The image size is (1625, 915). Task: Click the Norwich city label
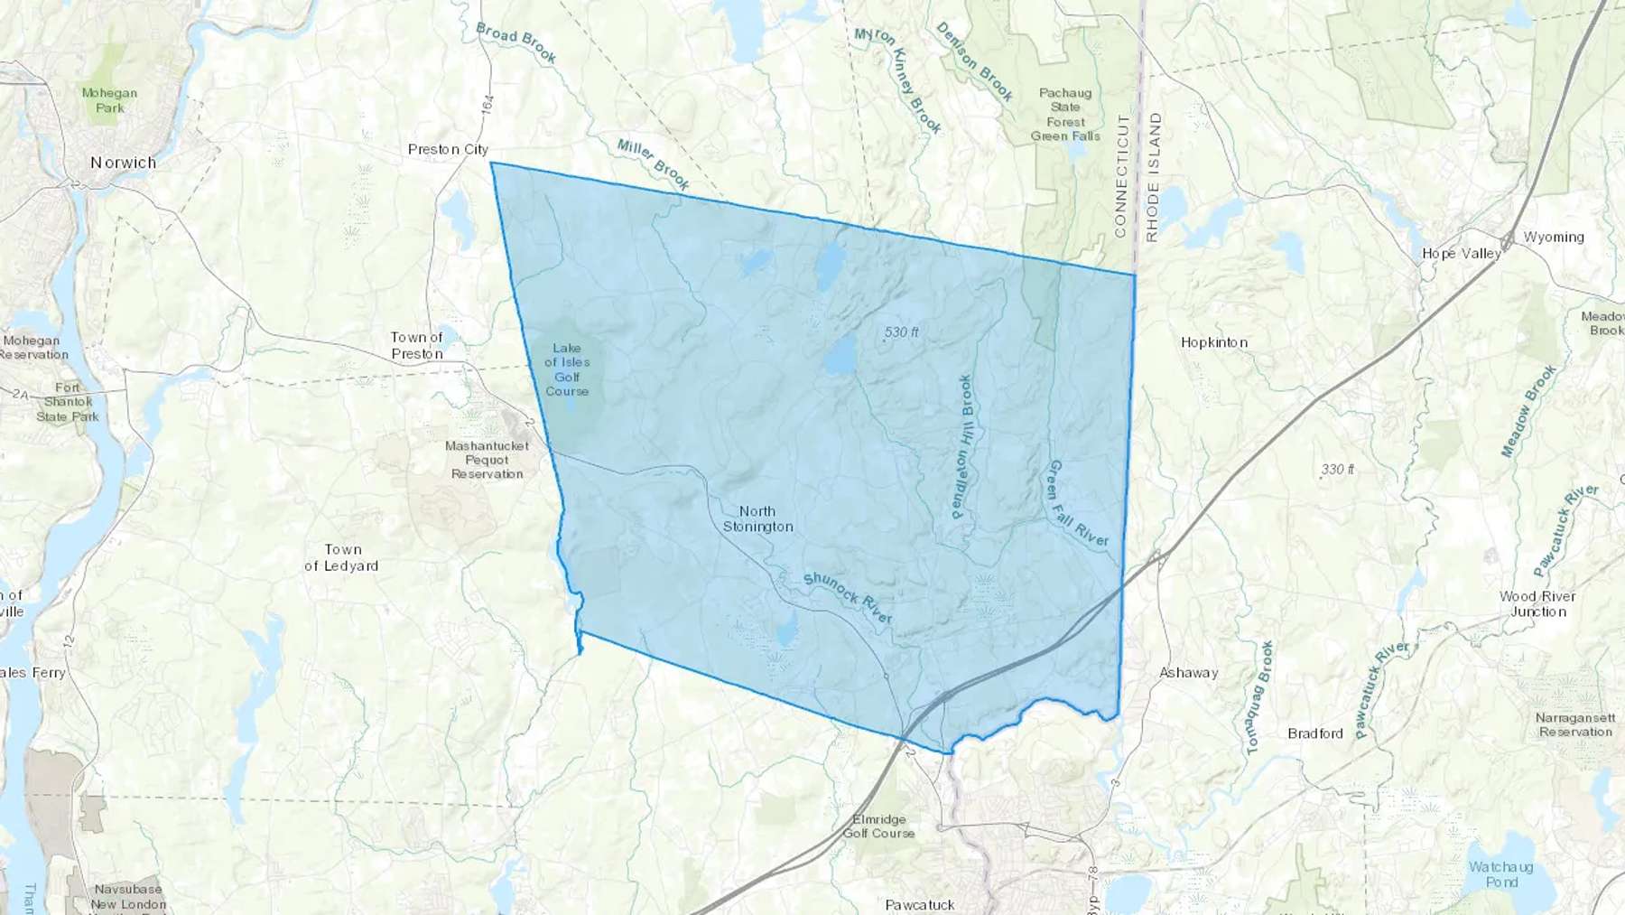[x=123, y=163]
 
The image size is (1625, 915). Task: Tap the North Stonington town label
[x=757, y=518]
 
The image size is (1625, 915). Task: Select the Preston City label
[x=448, y=149]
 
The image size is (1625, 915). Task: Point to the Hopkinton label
[x=1214, y=342]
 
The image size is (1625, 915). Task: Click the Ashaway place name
[x=1188, y=672]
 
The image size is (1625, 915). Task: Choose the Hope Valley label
[x=1461, y=253]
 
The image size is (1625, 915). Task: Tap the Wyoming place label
[x=1554, y=237]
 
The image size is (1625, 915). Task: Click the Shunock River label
[x=847, y=597]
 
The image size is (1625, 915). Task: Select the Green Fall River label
[x=1076, y=503]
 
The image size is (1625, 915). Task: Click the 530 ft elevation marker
[x=901, y=332]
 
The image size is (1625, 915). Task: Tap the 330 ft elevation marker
[x=1337, y=470]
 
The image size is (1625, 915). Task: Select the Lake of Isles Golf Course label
[x=567, y=369]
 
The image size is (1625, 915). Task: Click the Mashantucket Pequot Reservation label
[x=487, y=460]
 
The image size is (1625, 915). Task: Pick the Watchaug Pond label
[x=1500, y=873]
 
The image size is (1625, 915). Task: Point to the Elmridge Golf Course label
[x=878, y=826]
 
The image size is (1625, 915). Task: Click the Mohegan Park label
[x=109, y=100]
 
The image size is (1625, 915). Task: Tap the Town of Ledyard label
[x=341, y=557]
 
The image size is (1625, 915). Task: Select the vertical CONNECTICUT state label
[x=1121, y=176]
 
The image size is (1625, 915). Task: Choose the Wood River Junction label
[x=1537, y=603]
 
